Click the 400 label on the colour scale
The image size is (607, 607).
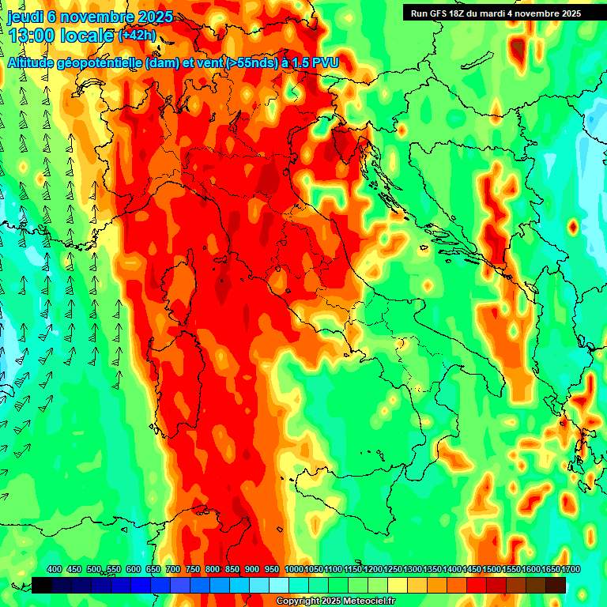click(x=54, y=569)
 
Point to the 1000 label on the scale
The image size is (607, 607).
click(x=293, y=569)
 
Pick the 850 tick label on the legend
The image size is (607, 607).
click(x=232, y=569)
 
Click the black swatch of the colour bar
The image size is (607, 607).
click(x=42, y=585)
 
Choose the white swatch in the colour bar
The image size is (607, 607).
click(x=279, y=585)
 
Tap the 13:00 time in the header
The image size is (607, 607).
click(x=32, y=36)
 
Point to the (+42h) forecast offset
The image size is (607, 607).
click(x=137, y=36)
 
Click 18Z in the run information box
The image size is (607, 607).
click(x=464, y=13)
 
